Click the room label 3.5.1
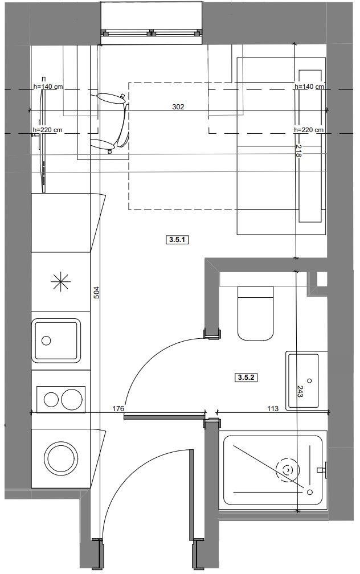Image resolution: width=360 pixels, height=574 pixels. coord(178,240)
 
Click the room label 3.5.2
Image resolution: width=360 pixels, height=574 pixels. coord(246,377)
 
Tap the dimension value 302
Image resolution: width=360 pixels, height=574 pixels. coord(178,107)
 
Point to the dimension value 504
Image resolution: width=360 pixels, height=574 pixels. coord(97,292)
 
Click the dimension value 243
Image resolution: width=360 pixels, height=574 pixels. coord(300,392)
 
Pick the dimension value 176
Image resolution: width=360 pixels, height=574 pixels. coord(118,408)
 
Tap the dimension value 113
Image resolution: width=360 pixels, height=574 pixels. coord(273,408)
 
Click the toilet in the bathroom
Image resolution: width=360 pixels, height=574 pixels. coord(256,313)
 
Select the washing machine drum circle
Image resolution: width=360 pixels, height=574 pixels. coord(61,458)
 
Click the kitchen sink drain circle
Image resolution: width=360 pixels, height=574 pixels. coord(46,341)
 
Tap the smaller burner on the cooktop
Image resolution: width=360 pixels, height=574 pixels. coord(51,399)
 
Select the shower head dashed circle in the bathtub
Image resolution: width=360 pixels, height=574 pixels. coord(288,470)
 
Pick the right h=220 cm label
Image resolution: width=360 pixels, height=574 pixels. coord(309,130)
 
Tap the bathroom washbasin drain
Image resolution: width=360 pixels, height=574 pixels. coord(310,381)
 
